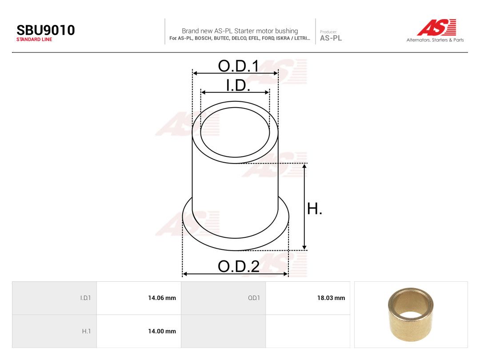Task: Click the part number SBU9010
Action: click(x=46, y=30)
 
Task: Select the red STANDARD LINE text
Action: click(x=34, y=40)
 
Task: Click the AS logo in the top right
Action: click(x=436, y=27)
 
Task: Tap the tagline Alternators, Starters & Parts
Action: click(x=435, y=40)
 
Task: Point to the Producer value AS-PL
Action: click(x=331, y=38)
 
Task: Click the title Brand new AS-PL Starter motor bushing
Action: click(x=240, y=31)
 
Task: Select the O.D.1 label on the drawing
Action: click(x=239, y=66)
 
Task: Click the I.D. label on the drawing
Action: click(x=238, y=85)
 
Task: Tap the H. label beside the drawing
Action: click(x=314, y=209)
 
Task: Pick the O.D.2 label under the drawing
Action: click(x=239, y=266)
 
